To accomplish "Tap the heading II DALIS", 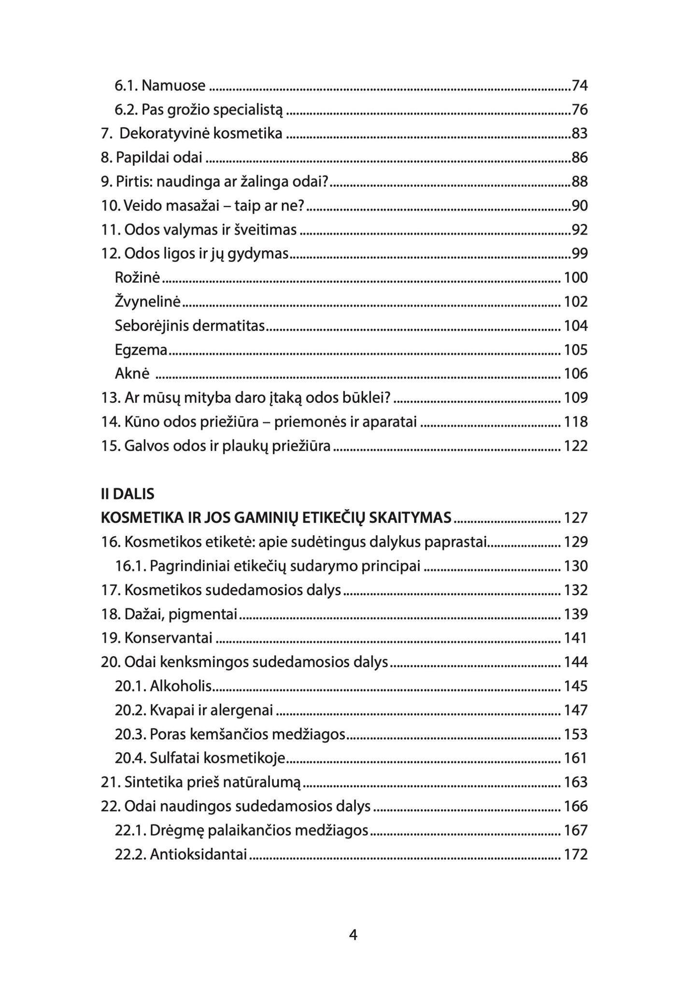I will tap(128, 494).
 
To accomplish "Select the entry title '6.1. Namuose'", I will tap(160, 86).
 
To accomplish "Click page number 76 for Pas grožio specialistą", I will tap(580, 110).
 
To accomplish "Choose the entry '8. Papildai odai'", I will tap(152, 157).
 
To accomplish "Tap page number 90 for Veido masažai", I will tap(580, 206).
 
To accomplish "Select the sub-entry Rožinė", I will tap(137, 278).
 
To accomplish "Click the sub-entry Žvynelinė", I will tap(147, 302).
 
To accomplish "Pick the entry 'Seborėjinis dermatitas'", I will tap(190, 326).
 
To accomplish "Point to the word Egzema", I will tap(141, 350).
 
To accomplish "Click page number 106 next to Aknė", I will tap(576, 373).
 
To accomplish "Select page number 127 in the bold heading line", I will tap(576, 518).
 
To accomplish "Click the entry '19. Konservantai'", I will tap(157, 638).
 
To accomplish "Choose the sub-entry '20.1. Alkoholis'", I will tap(164, 686).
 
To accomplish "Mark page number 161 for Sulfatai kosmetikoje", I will tap(576, 758).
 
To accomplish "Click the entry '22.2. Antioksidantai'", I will tap(181, 855).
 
